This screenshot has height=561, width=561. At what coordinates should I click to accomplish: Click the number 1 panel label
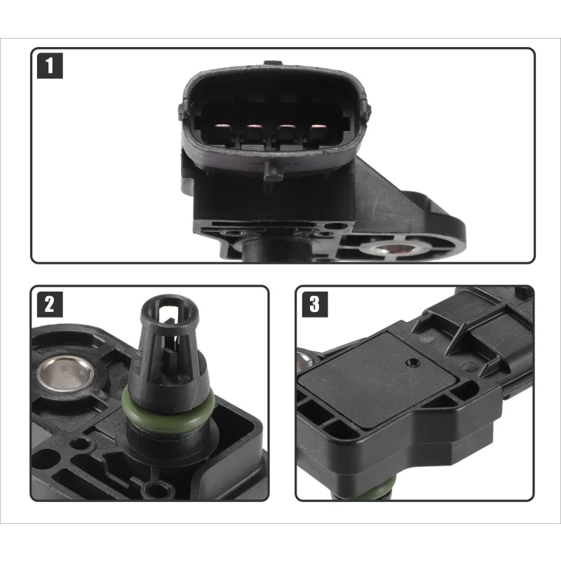click(50, 65)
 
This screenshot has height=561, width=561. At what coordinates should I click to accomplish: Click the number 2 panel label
click(50, 304)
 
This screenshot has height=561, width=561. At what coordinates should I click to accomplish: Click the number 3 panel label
click(315, 304)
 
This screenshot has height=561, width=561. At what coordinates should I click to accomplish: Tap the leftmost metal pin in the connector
click(223, 126)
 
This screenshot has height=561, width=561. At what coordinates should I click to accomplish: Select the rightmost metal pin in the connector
click(318, 126)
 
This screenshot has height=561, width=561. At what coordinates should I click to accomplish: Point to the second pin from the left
click(255, 126)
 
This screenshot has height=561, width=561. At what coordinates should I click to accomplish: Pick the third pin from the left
click(287, 126)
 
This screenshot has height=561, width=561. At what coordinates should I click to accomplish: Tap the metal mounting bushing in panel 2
click(65, 373)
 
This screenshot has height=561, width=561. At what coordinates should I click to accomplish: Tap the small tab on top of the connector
click(273, 62)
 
